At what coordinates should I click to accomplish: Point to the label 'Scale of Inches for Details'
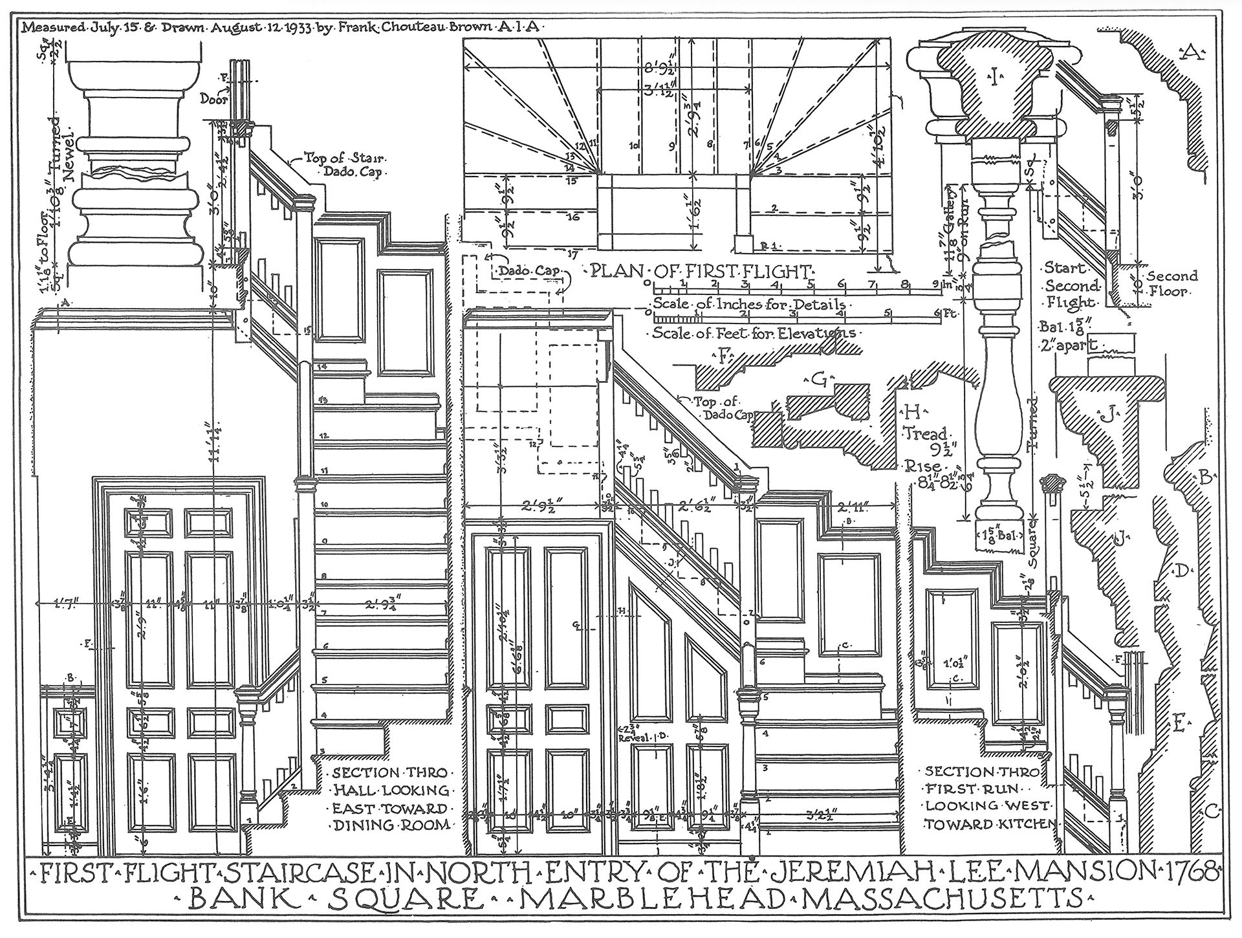point(748,304)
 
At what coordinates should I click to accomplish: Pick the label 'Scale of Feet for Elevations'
point(754,334)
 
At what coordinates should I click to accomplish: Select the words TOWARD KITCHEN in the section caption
point(990,824)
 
